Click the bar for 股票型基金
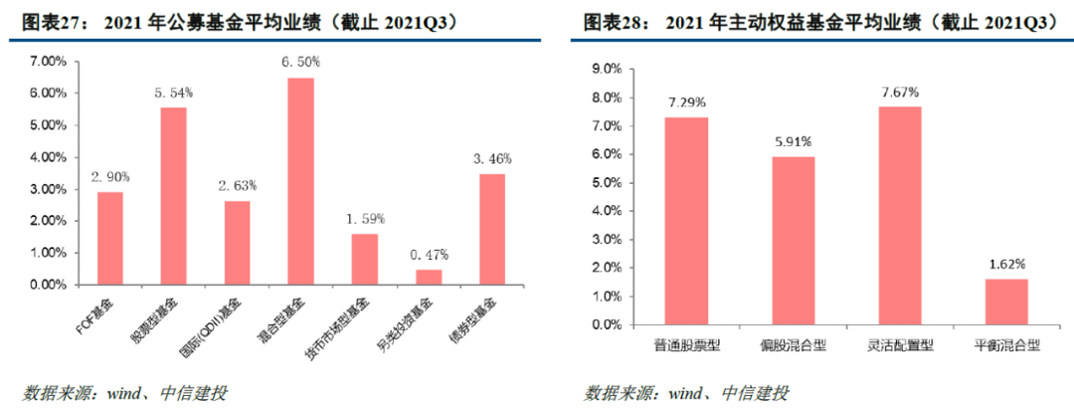coord(173,195)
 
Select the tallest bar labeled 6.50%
coord(300,180)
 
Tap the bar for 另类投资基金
coord(429,277)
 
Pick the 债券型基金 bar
coord(491,229)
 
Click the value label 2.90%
coord(109,176)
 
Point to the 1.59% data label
coord(365,218)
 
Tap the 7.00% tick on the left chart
coord(48,62)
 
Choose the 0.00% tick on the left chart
coord(48,285)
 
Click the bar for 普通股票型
coord(686,220)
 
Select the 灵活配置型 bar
coord(900,215)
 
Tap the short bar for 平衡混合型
coord(1006,301)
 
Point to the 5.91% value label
coord(793,141)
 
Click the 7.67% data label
coord(900,92)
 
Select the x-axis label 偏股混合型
coord(793,344)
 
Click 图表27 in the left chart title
coord(48,21)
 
